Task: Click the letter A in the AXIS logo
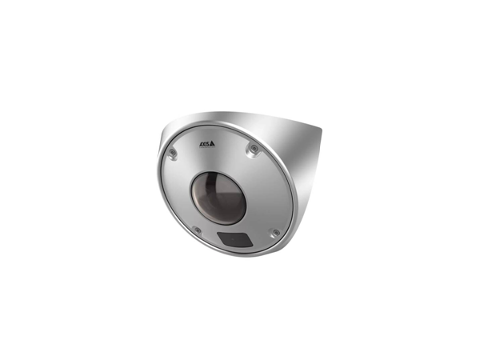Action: click(200, 143)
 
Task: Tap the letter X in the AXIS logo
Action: click(203, 143)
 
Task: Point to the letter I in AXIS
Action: click(206, 143)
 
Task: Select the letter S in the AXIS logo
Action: click(208, 143)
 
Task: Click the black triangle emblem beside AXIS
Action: click(213, 143)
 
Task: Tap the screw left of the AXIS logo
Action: click(172, 153)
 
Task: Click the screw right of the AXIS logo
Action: click(253, 149)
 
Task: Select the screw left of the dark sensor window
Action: click(198, 230)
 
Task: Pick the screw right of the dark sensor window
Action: click(276, 233)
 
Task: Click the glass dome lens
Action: click(218, 198)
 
